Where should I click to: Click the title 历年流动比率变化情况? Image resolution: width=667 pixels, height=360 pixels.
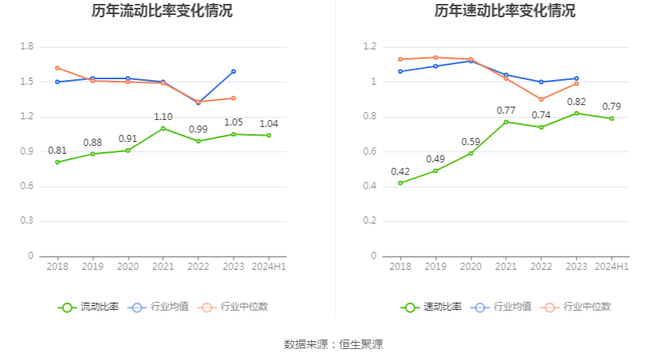click(x=162, y=11)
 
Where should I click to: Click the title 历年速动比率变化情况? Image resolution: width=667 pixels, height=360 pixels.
click(x=505, y=11)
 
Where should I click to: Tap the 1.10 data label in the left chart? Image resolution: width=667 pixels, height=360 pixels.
click(x=163, y=117)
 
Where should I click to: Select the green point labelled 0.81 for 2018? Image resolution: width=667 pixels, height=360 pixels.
click(x=57, y=162)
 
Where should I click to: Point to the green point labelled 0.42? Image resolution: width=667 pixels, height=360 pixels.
click(x=400, y=183)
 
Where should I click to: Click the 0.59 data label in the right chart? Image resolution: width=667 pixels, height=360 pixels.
click(x=471, y=142)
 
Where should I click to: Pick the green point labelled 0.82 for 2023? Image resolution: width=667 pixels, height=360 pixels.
click(x=577, y=113)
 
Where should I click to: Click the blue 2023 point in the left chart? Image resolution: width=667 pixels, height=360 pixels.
click(x=233, y=71)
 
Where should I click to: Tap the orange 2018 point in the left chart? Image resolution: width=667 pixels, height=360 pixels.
click(x=57, y=68)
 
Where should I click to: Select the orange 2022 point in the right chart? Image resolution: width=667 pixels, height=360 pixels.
click(x=541, y=99)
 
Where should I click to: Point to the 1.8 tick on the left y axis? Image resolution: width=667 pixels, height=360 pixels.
click(x=27, y=47)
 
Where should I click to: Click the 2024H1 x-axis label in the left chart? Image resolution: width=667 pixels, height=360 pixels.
click(x=268, y=267)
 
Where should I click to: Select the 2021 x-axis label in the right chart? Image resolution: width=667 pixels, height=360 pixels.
click(x=506, y=267)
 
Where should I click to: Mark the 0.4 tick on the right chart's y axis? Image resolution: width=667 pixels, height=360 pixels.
click(x=370, y=186)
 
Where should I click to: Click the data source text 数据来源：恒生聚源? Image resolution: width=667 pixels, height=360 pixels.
click(x=333, y=344)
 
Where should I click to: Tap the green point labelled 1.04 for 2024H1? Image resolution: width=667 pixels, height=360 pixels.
click(x=268, y=136)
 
